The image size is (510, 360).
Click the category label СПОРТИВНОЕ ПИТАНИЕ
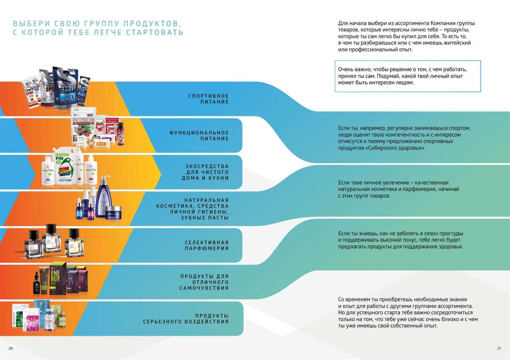pyautogui.click(x=208, y=99)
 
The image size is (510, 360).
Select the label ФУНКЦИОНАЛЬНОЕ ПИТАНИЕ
pyautogui.click(x=199, y=135)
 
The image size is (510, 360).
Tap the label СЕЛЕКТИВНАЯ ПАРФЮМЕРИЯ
pyautogui.click(x=206, y=245)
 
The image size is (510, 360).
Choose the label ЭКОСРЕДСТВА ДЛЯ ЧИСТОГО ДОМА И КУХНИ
pyautogui.click(x=204, y=172)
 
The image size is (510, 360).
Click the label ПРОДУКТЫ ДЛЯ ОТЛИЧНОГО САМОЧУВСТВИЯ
pyautogui.click(x=204, y=282)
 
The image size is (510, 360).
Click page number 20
pyautogui.click(x=10, y=348)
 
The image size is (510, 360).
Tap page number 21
pyautogui.click(x=499, y=348)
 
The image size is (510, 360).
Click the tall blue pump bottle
pyautogui.click(x=104, y=196)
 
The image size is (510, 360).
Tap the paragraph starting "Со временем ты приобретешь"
pyautogui.click(x=408, y=312)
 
